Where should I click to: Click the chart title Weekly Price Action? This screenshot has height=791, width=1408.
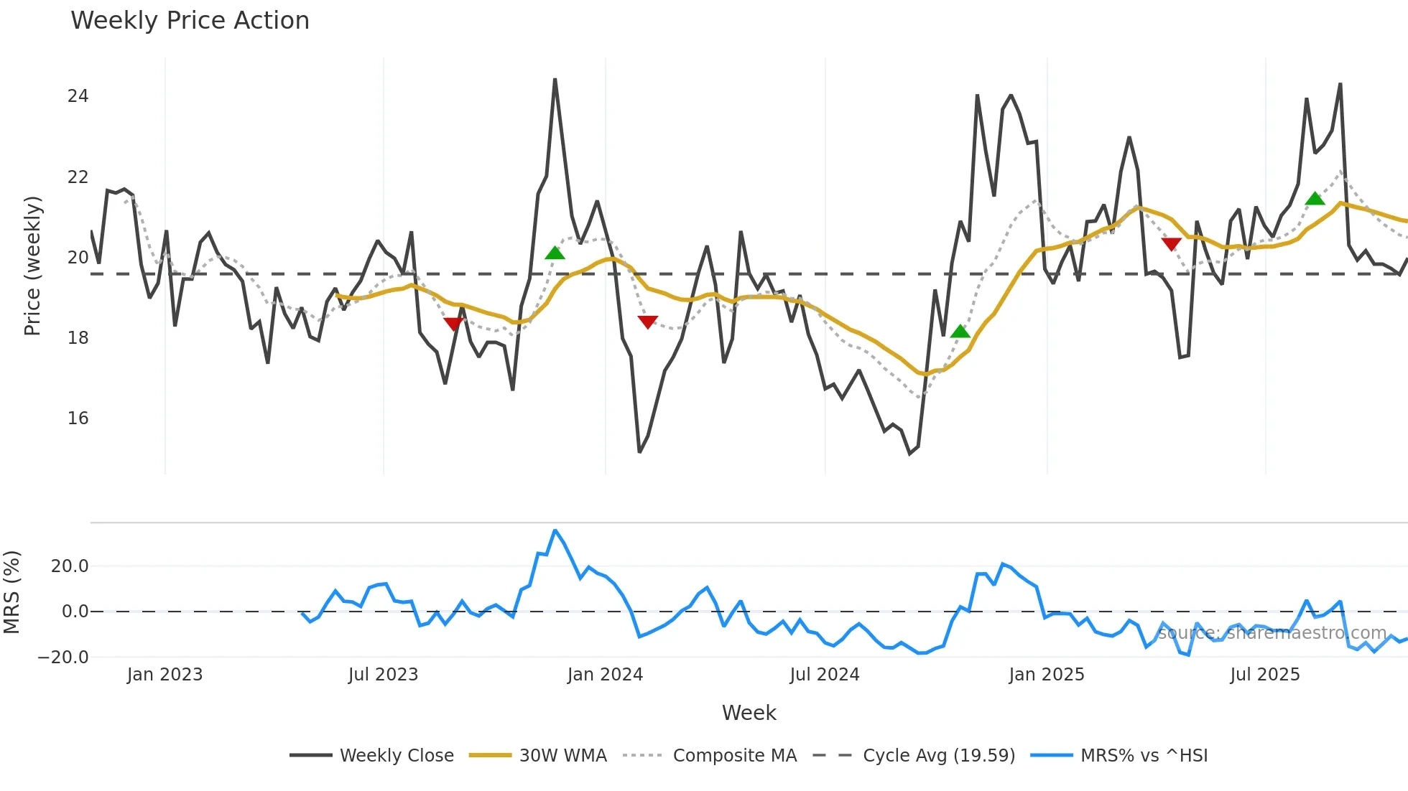click(x=190, y=21)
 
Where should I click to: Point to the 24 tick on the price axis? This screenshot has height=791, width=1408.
click(x=78, y=96)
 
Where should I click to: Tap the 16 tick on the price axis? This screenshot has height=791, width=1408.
click(x=78, y=418)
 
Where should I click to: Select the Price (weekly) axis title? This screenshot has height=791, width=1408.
click(x=33, y=266)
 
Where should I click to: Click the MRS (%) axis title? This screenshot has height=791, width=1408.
click(x=11, y=592)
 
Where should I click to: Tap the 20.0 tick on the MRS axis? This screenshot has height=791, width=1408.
click(x=70, y=566)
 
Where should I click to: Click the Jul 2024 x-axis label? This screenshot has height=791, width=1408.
click(x=824, y=675)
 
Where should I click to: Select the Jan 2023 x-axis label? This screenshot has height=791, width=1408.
click(x=165, y=675)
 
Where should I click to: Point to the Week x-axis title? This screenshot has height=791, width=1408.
click(x=749, y=713)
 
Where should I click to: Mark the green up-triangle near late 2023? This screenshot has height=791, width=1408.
click(x=555, y=253)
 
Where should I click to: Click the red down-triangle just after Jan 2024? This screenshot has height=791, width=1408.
click(x=647, y=322)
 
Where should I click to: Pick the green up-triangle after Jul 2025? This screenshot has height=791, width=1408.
click(x=1315, y=199)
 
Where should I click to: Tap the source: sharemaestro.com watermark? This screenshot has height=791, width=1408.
click(x=1272, y=633)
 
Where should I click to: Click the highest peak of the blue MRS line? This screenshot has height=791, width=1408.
click(x=555, y=530)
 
